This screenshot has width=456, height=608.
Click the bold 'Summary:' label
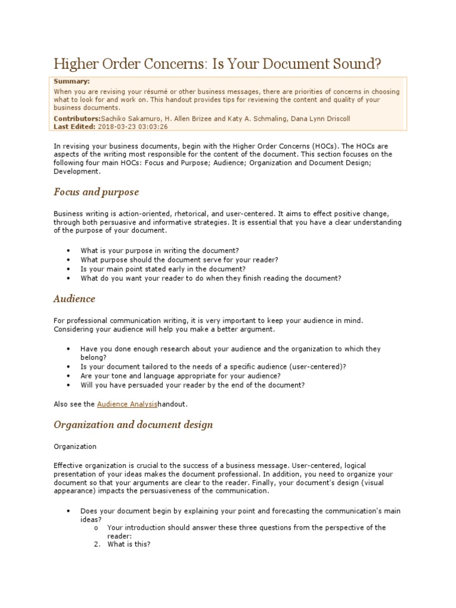coord(71,81)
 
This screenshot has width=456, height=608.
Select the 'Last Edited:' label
coord(74,126)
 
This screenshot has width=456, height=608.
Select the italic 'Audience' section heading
coord(74,299)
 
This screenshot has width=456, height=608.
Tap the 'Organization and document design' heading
coord(133,425)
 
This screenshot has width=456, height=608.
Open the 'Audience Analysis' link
coord(127,404)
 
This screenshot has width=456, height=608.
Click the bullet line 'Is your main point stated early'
coord(163,269)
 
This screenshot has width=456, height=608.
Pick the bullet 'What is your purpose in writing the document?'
coord(160,251)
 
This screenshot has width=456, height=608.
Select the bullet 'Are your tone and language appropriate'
coord(180,376)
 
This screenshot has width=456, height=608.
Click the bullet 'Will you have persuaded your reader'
coord(193,385)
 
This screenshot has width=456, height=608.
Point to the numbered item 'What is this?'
coord(129,544)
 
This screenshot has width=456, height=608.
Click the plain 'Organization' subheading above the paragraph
coord(75,446)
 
